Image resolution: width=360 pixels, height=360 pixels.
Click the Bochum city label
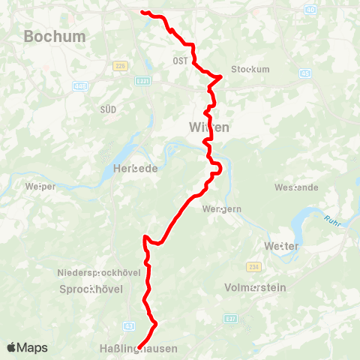[55, 36]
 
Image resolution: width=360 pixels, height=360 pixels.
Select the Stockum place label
[250, 69]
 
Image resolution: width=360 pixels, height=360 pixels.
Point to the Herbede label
[135, 169]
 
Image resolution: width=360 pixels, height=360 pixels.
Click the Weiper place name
[40, 186]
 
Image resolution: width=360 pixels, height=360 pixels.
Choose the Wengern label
[222, 209]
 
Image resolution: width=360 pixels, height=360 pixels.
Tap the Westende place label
[296, 187]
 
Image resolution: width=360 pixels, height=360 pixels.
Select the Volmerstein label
[256, 287]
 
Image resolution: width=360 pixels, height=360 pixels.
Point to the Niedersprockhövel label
[99, 272]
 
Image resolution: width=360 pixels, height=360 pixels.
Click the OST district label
[180, 61]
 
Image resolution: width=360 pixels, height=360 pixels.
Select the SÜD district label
[108, 109]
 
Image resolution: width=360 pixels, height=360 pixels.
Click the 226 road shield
[118, 66]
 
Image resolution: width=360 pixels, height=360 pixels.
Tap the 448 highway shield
[81, 86]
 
